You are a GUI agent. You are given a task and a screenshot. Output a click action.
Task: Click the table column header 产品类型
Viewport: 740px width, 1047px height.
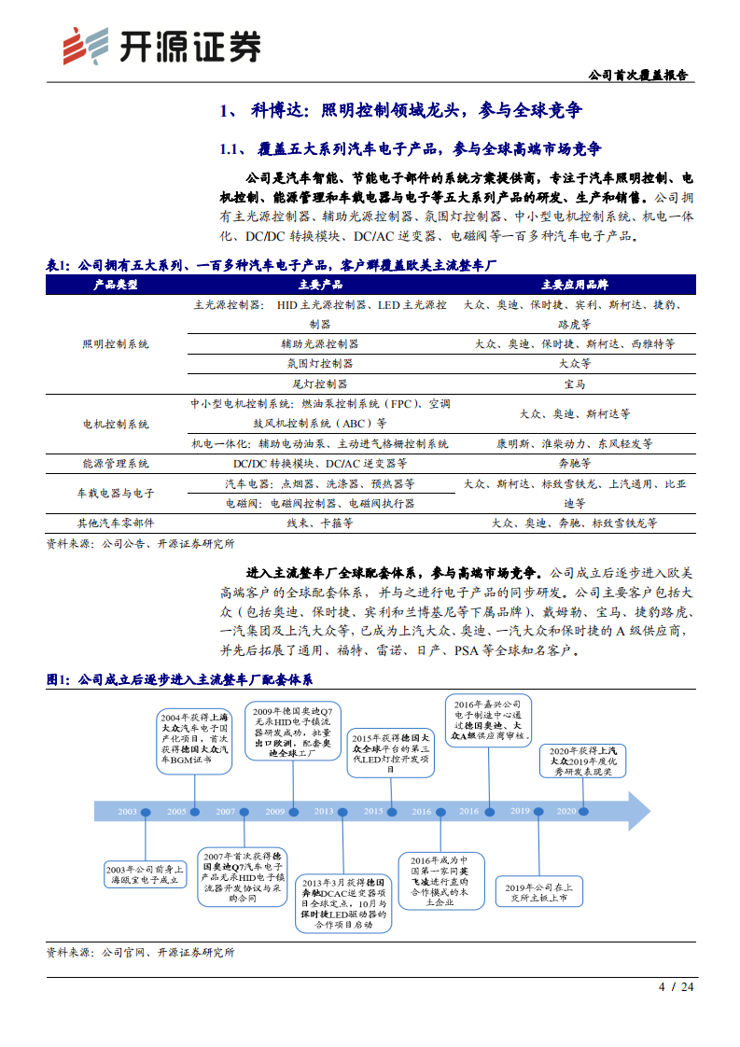pos(116,285)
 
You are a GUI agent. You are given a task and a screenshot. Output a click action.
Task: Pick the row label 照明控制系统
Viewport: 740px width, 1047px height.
pos(116,344)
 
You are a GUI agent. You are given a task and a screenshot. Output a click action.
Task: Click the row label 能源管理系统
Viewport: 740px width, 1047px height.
pos(116,463)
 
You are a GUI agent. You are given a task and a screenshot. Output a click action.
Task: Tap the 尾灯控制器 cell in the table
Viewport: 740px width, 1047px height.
pos(320,384)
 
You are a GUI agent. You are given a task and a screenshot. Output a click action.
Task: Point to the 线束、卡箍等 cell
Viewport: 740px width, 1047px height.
pos(320,523)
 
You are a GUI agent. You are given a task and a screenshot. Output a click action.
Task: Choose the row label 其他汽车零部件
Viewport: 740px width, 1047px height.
pos(116,523)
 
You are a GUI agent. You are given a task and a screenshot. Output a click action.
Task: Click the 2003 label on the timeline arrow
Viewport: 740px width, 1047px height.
pos(128,811)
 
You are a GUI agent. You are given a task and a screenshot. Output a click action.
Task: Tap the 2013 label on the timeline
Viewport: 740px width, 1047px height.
pos(324,811)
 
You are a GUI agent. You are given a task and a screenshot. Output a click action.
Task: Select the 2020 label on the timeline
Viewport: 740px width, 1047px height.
pos(566,811)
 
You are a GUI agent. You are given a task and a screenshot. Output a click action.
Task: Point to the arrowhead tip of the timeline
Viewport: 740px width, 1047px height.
pos(649,811)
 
